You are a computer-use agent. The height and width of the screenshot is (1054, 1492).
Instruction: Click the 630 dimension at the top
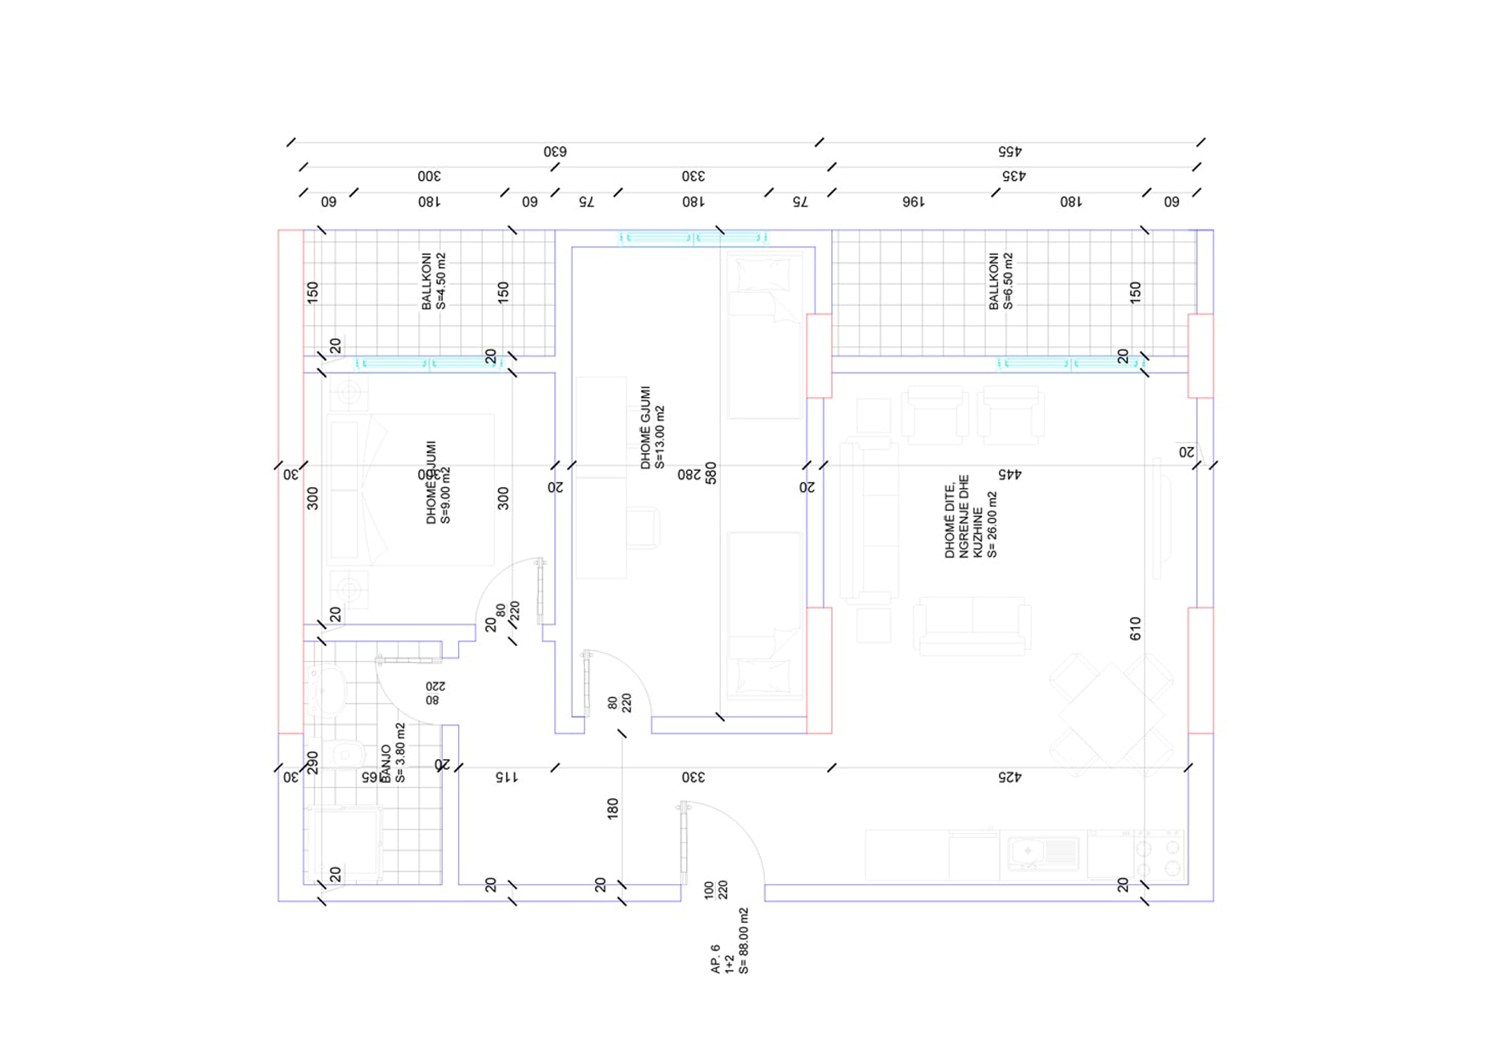click(x=555, y=151)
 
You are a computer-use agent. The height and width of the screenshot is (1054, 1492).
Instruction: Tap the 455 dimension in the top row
click(x=1009, y=151)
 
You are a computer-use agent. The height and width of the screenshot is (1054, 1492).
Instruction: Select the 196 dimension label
click(x=912, y=202)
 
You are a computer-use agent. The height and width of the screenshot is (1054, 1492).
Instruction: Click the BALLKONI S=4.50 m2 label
click(x=434, y=280)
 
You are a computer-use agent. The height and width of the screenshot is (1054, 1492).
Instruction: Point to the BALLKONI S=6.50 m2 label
click(x=1001, y=280)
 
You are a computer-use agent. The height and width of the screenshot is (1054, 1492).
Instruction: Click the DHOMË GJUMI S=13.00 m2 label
click(x=653, y=428)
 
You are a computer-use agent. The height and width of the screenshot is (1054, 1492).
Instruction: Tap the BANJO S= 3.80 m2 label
click(x=393, y=754)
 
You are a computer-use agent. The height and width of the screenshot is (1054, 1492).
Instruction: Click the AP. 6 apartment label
click(x=729, y=942)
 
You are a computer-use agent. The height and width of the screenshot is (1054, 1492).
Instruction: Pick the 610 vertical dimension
click(x=1135, y=629)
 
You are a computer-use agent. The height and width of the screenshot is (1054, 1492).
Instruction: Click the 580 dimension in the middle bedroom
click(x=711, y=473)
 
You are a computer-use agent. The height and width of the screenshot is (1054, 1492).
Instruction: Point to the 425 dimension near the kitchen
click(x=1008, y=777)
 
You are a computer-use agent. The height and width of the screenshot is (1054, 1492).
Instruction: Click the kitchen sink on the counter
click(x=1042, y=853)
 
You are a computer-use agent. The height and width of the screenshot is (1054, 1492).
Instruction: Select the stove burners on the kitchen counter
click(x=1158, y=857)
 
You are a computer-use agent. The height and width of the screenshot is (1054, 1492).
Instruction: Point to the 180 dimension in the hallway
click(x=613, y=808)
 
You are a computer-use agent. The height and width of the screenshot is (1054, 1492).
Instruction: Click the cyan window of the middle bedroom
click(x=693, y=238)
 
